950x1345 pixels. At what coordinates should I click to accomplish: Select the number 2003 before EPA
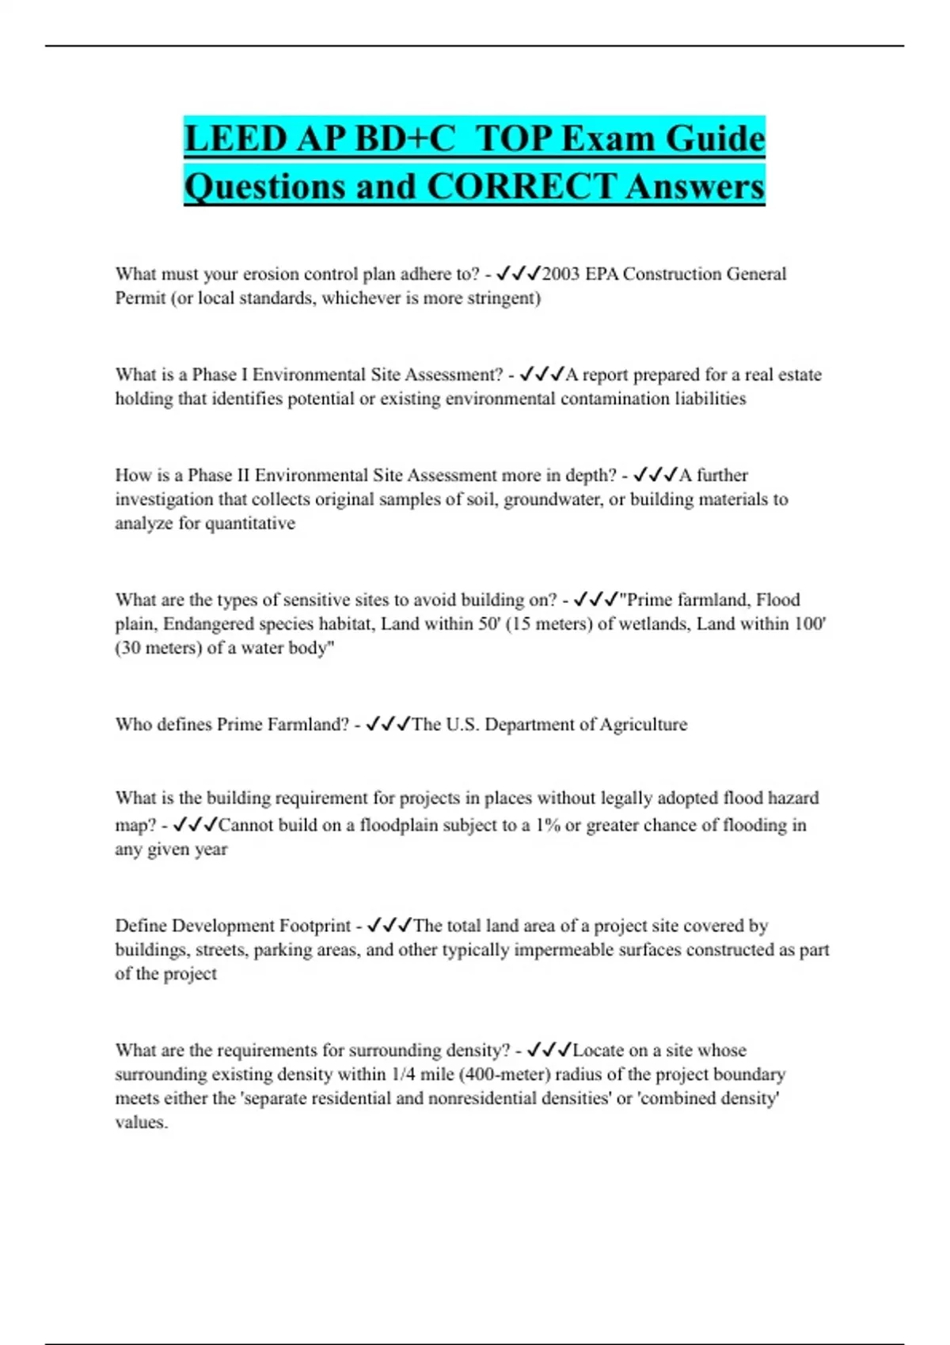(561, 274)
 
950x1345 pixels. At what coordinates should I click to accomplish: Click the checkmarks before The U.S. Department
(388, 724)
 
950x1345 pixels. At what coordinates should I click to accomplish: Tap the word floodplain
(399, 824)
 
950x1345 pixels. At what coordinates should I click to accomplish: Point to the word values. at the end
(141, 1122)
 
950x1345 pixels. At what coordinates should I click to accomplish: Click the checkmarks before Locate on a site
(549, 1050)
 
